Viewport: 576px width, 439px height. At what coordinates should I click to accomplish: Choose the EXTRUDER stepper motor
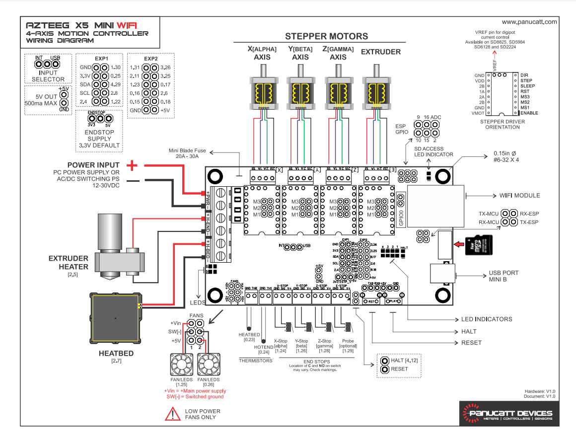376,92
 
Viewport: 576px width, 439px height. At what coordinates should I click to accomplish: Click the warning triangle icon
172,414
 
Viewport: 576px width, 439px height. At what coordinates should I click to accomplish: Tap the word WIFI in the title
128,25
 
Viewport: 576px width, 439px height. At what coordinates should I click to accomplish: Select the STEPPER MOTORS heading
326,36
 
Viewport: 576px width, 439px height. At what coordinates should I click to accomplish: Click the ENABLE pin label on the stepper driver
529,113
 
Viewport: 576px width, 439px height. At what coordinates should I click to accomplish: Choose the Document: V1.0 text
540,396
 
